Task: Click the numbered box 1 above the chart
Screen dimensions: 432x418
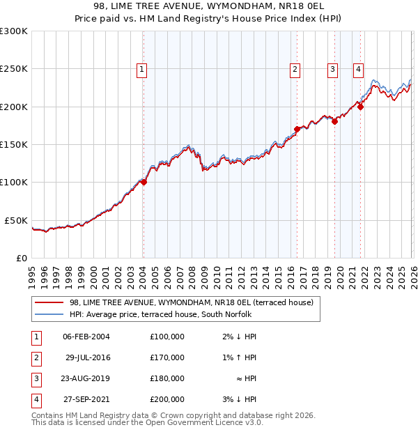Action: click(141, 69)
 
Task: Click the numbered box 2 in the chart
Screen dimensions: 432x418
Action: click(295, 69)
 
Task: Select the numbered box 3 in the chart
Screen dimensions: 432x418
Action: click(333, 69)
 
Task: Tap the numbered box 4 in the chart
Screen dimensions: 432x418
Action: click(358, 69)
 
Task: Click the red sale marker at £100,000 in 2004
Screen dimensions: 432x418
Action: click(144, 183)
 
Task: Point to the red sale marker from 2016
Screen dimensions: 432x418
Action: click(297, 129)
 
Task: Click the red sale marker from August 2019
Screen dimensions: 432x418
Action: click(334, 121)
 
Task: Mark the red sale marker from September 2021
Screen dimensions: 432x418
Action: click(361, 107)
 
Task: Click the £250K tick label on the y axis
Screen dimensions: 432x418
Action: click(14, 69)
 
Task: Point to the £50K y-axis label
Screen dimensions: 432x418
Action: click(17, 220)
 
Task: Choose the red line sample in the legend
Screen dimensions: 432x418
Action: click(49, 302)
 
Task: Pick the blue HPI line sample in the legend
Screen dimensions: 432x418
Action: click(49, 314)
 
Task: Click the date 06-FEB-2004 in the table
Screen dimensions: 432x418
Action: click(86, 337)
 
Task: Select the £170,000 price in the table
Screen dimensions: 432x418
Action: click(167, 357)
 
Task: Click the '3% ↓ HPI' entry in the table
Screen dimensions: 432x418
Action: click(240, 399)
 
